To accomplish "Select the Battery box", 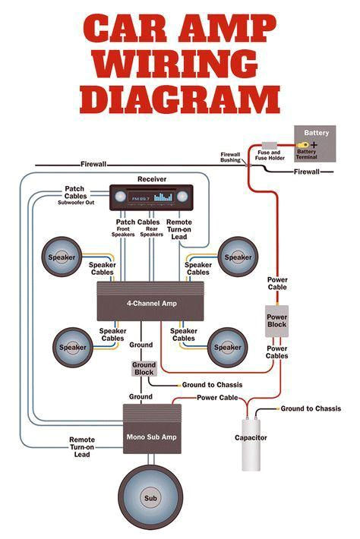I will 314,143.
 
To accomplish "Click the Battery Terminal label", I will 307,153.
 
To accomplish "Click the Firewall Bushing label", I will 231,156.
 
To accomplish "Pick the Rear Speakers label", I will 152,232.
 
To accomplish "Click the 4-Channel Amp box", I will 153,302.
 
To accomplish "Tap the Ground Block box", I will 144,369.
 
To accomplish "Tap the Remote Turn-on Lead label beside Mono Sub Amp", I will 82,446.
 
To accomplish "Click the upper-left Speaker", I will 62,257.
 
